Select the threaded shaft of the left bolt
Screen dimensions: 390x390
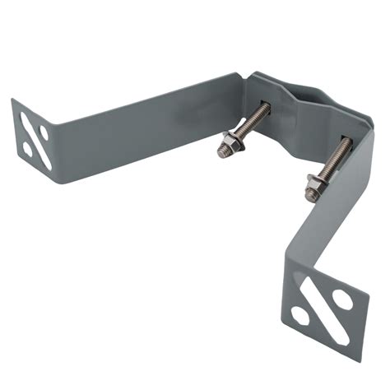250,123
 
